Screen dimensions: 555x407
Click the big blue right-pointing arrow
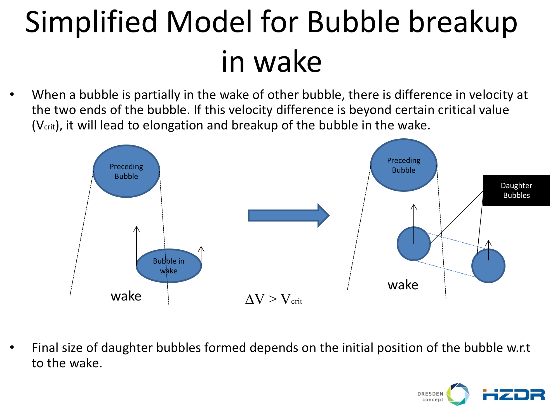[x=288, y=216]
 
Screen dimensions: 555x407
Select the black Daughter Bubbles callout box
[x=516, y=190]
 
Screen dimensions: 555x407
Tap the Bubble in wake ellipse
[x=169, y=266]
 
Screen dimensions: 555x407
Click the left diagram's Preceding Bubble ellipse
[x=126, y=171]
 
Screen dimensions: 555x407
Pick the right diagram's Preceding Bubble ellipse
[x=404, y=165]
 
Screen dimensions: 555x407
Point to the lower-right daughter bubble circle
[x=488, y=266]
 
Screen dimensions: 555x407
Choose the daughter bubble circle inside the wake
[x=414, y=243]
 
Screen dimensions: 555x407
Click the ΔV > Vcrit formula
[x=274, y=299]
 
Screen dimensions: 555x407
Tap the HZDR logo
[x=514, y=395]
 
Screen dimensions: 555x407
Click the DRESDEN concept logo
[x=443, y=394]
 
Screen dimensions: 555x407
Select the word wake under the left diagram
[x=126, y=296]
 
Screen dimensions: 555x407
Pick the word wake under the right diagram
[x=403, y=285]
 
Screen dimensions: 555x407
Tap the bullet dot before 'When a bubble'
[x=12, y=94]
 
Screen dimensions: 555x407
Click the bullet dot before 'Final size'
[x=12, y=347]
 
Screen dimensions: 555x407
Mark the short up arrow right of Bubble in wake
[x=201, y=256]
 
